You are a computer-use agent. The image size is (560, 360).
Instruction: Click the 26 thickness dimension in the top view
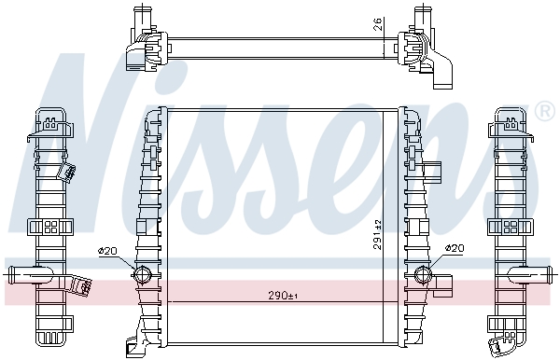[379, 23]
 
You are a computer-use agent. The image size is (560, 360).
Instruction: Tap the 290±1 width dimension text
[283, 296]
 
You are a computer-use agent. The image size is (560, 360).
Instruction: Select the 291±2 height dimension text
[378, 234]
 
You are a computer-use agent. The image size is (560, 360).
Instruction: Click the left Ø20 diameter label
[107, 251]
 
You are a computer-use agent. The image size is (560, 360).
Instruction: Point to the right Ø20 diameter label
[455, 248]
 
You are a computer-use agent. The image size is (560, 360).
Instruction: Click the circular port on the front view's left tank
[142, 274]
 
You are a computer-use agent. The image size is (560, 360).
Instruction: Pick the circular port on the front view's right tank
[423, 274]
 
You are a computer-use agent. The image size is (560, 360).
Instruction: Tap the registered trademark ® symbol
[545, 111]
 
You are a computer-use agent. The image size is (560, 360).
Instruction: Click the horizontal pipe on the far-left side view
[29, 275]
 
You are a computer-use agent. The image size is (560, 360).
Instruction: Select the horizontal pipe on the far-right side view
[531, 275]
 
